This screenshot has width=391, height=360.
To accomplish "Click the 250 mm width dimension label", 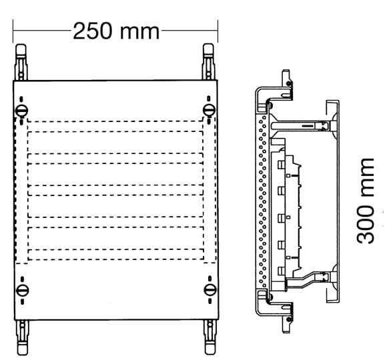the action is tap(116, 31).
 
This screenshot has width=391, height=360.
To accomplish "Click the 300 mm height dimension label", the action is tap(366, 201).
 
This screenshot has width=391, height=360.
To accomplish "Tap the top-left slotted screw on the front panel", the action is tap(21, 111).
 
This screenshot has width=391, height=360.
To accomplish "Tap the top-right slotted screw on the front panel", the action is tap(209, 110).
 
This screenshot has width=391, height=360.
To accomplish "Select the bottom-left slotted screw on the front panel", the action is tap(23, 291).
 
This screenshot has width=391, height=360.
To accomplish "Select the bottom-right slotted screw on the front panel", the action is tap(210, 290).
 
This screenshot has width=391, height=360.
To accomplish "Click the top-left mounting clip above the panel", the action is tap(21, 62).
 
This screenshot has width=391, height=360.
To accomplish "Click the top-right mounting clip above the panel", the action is tap(208, 61).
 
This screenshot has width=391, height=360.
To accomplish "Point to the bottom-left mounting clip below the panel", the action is tap(23, 337).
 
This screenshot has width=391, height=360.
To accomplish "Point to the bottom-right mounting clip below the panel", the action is tap(210, 337).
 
